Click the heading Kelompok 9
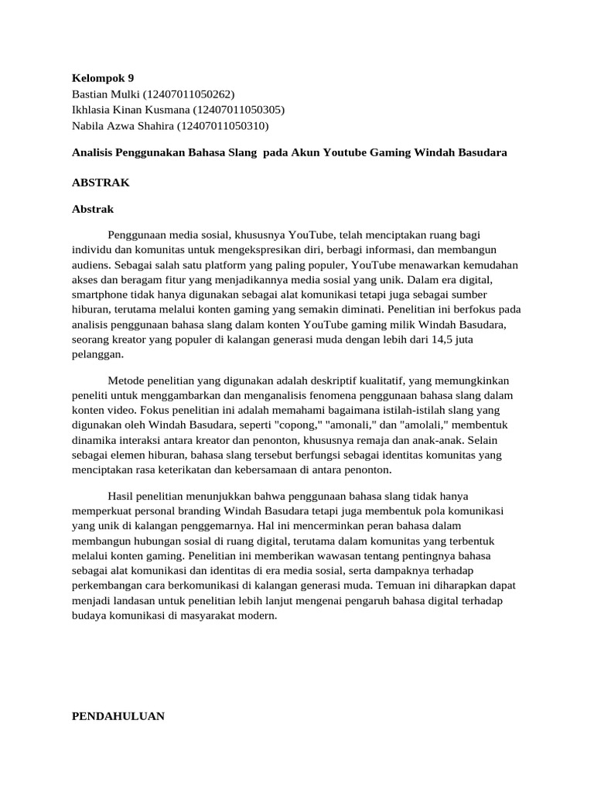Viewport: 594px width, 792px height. tap(102, 77)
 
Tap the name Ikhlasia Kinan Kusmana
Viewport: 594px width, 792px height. tap(125, 110)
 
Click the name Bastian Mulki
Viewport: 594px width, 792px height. tap(101, 94)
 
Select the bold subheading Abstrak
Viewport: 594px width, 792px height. tap(92, 209)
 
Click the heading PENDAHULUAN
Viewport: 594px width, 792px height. tap(118, 716)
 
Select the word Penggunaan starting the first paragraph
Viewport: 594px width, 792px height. tap(140, 234)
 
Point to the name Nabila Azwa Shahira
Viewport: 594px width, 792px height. tap(123, 125)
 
